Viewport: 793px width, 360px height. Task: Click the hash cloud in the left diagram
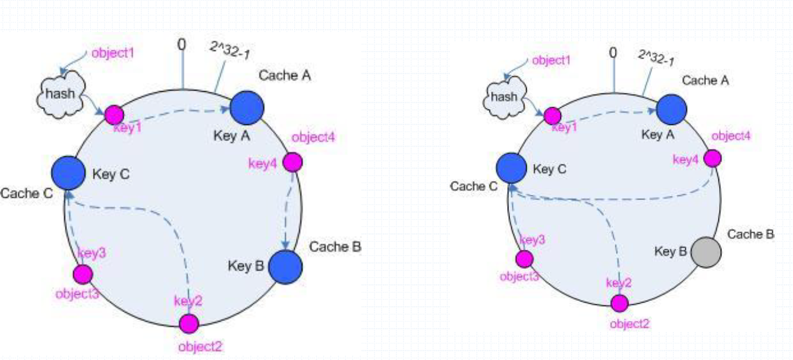pos(61,94)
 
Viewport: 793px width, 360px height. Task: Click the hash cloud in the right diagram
pos(504,97)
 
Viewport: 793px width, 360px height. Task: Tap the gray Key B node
pos(706,252)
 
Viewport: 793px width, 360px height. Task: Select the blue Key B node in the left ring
pos(285,267)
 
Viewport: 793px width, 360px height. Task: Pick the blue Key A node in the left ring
pos(247,108)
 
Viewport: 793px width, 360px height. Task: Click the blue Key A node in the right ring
pos(672,110)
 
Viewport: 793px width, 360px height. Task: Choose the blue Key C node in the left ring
pos(68,173)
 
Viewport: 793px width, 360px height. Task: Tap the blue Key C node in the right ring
pos(511,168)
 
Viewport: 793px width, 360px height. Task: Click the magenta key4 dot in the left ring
pos(293,163)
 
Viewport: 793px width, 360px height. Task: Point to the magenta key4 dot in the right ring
pos(713,158)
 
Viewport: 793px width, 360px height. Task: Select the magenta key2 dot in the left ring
pos(189,323)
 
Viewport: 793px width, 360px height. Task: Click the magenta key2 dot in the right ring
pos(620,304)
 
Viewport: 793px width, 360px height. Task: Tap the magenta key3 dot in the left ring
pos(83,274)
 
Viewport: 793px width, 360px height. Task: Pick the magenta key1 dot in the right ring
pos(552,116)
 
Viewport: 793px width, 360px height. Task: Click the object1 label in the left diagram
pos(113,53)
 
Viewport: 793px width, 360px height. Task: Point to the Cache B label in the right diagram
pos(750,234)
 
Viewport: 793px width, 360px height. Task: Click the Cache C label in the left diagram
pos(27,194)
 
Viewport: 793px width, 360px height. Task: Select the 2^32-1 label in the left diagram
pos(230,50)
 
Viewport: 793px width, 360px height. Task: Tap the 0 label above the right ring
pos(613,53)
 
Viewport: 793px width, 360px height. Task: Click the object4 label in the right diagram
pos(731,136)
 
